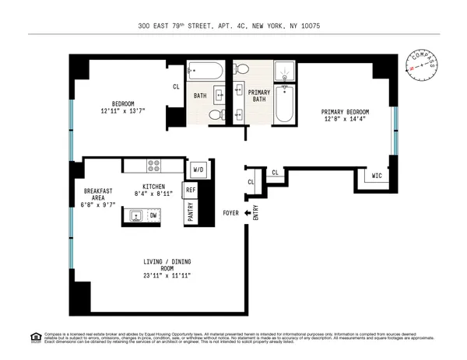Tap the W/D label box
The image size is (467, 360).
pos(198,169)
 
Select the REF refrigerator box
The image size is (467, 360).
pos(190,189)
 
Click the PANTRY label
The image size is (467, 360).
pos(190,212)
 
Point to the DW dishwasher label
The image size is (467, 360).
pos(153,215)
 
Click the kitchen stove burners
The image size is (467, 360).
pos(154,166)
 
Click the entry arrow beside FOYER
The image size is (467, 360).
pos(247,212)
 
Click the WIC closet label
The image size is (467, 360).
pos(376,176)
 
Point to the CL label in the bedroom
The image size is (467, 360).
pos(177,86)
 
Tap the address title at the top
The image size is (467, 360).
pos(233,26)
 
